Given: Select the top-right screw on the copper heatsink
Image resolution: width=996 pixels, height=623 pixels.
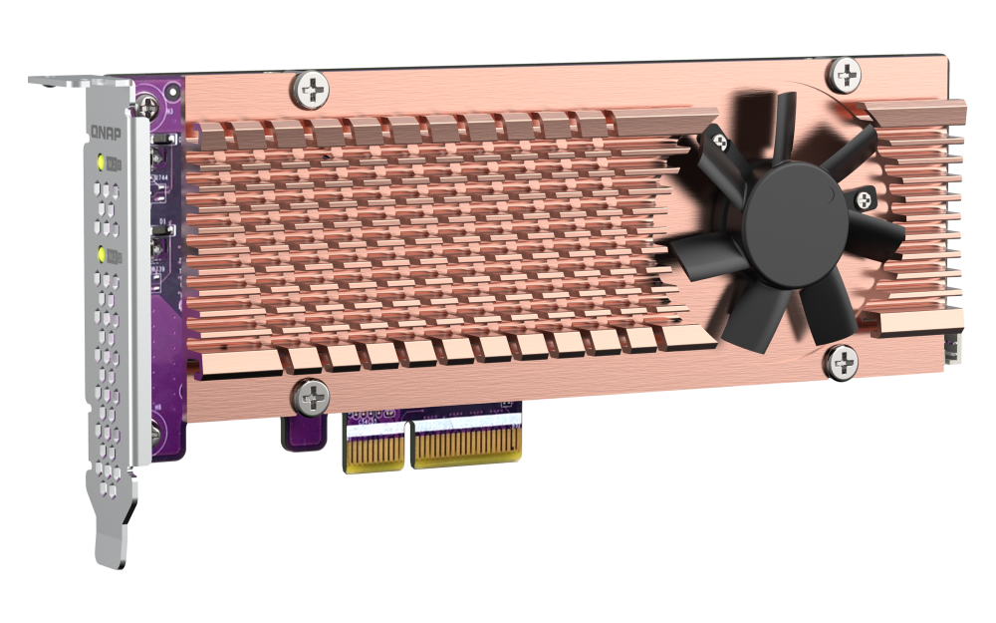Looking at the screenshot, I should point(846,74).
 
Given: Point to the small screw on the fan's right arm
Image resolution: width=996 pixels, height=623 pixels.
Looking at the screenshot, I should point(862,200).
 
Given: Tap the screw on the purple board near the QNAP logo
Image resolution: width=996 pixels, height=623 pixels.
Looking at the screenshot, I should point(150,104).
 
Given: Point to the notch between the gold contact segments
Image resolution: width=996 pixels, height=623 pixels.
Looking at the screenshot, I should point(408,445).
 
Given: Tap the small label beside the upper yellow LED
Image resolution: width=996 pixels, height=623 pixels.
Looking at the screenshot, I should point(116,162).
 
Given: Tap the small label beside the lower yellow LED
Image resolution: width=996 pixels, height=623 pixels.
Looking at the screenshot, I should point(116,256).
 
